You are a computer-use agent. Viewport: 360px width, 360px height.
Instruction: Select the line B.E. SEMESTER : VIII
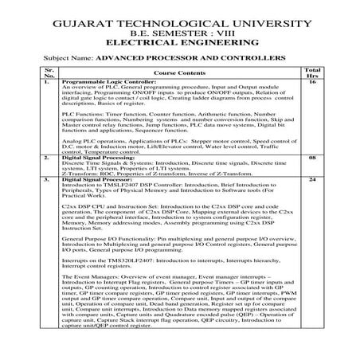(179, 27)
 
